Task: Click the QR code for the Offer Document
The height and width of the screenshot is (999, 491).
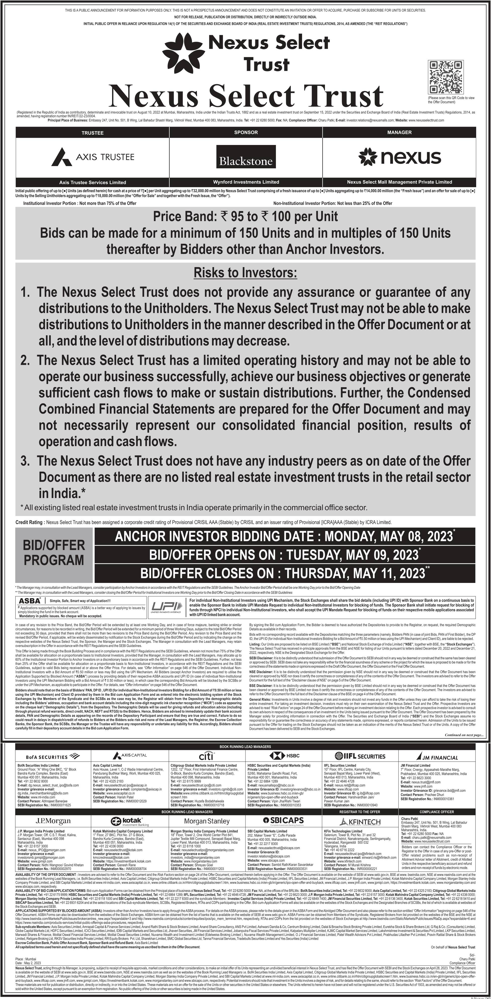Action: pos(446,77)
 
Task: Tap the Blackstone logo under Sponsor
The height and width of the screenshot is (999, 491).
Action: pos(246,157)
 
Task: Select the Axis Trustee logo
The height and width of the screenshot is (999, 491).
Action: pos(93,157)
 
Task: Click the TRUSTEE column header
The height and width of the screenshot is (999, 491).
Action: pos(92,133)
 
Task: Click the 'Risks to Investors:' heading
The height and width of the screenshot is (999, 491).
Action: pos(245,273)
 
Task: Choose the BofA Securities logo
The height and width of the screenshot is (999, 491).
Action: pos(53,756)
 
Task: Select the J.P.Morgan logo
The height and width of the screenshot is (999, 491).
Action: pos(53,821)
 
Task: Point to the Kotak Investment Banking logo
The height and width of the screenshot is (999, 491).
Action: pos(130,821)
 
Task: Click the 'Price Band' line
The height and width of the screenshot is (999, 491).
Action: pos(245,216)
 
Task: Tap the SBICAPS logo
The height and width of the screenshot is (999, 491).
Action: pos(283,821)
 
